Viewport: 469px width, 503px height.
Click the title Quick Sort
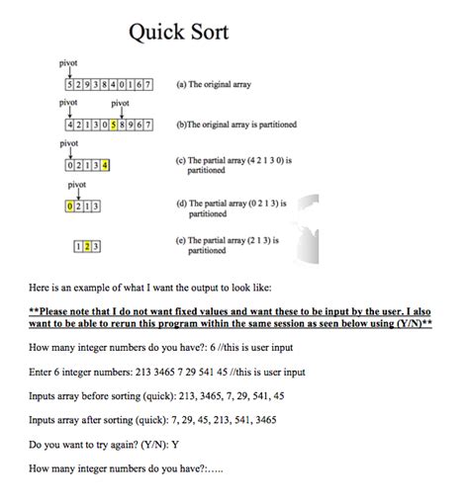pyautogui.click(x=178, y=33)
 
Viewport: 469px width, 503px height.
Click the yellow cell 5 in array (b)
pyautogui.click(x=116, y=126)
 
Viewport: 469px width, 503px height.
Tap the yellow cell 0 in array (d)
pyautogui.click(x=68, y=206)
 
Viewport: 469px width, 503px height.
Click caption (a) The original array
pyautogui.click(x=213, y=85)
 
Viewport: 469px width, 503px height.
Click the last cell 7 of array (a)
pyautogui.click(x=148, y=85)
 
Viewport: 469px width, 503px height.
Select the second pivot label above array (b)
pyautogui.click(x=120, y=103)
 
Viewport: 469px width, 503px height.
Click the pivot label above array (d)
pyautogui.click(x=77, y=184)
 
